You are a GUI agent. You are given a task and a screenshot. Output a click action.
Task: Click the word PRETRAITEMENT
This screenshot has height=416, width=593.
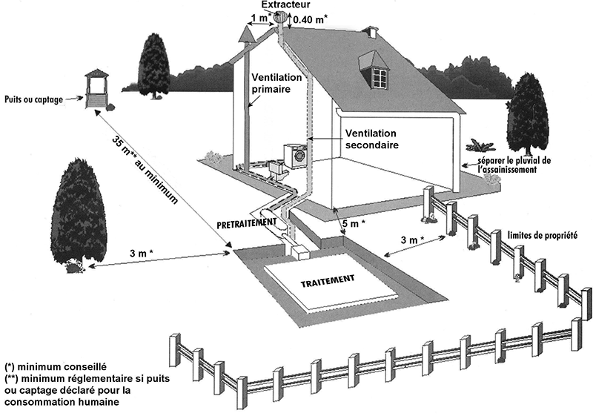pyautogui.click(x=247, y=222)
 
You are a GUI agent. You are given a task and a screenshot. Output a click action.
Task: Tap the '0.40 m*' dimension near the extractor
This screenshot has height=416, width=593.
pyautogui.click(x=312, y=19)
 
